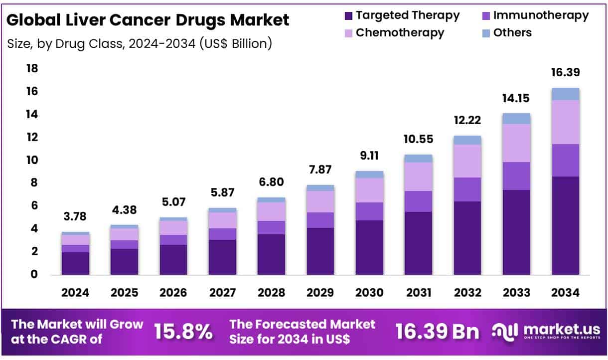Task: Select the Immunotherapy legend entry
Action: pos(534,15)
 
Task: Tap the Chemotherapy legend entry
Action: pos(394,33)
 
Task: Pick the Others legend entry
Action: pos(506,33)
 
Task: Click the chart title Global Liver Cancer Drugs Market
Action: pos(148,20)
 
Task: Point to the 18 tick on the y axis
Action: pos(32,68)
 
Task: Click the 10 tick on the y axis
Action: pos(32,160)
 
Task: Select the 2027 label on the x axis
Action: pos(222,293)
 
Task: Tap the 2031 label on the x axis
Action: pos(418,293)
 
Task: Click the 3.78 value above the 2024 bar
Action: pos(75,216)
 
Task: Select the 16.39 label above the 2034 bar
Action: pos(565,72)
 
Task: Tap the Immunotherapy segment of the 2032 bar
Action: pos(467,189)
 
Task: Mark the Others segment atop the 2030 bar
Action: pos(369,175)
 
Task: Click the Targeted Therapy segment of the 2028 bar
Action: pos(271,254)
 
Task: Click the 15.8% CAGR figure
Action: pos(183,332)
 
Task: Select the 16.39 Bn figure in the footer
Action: pos(437,332)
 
